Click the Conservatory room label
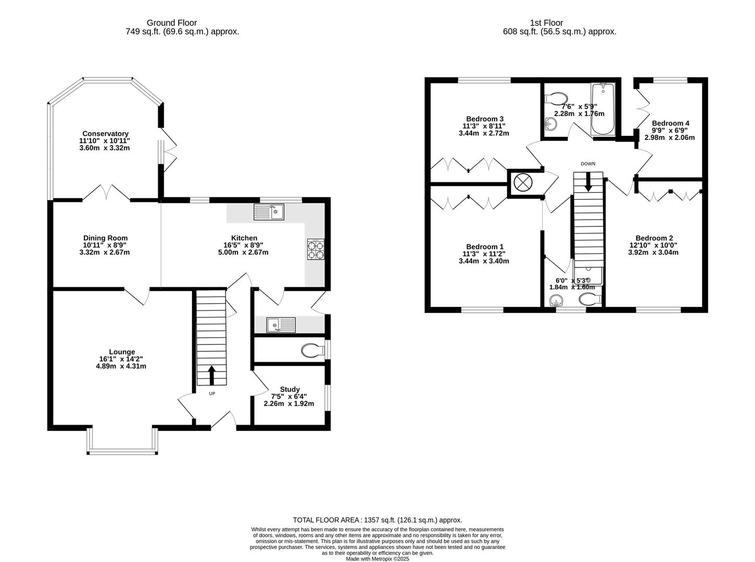(x=105, y=134)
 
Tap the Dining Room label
(x=105, y=238)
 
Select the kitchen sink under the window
(x=269, y=211)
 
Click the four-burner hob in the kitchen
(x=315, y=249)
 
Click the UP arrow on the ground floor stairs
(x=212, y=376)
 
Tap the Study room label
(x=290, y=389)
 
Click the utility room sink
(x=281, y=325)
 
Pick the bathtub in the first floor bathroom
(x=603, y=109)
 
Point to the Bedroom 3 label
(x=484, y=119)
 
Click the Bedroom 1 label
(x=484, y=247)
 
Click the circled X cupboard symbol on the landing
(x=521, y=183)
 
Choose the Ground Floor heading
(x=172, y=23)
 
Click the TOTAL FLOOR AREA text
(x=378, y=520)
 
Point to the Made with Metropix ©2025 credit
(x=378, y=559)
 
